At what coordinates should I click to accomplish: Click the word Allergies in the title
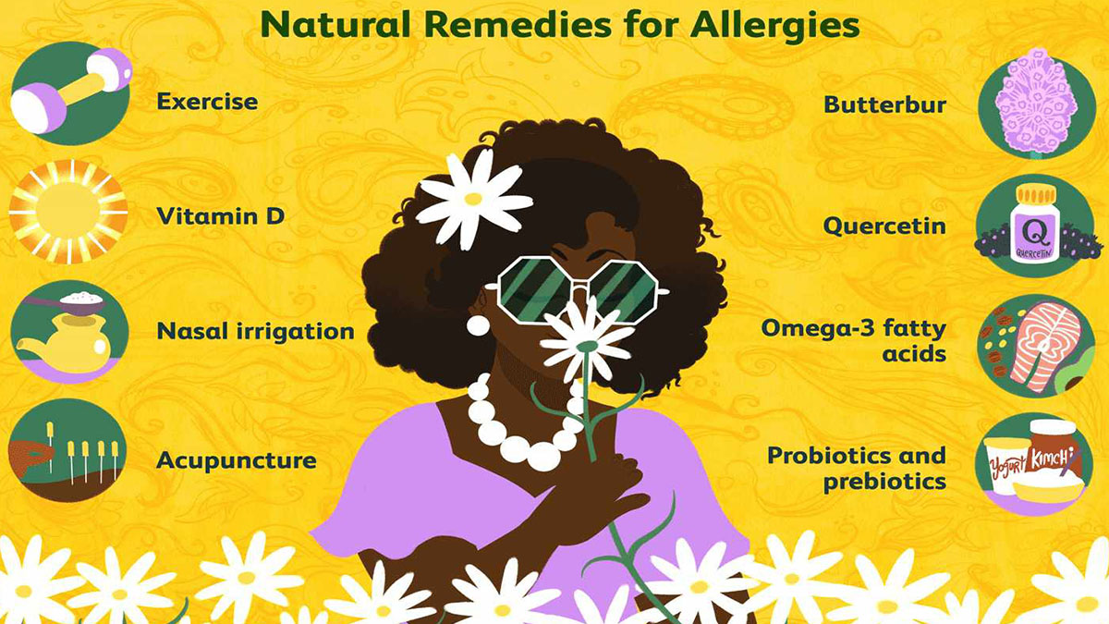774,26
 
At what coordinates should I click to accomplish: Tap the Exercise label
207,102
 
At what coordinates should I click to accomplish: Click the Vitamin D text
220,216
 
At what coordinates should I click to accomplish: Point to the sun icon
68,212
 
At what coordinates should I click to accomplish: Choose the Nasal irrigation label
255,331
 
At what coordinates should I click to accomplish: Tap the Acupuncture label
237,461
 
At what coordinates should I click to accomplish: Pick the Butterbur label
884,105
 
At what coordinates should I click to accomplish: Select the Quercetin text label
884,226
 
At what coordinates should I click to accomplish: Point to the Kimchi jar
1053,451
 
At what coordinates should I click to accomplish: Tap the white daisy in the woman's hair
473,199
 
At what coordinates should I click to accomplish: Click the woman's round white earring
478,324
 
